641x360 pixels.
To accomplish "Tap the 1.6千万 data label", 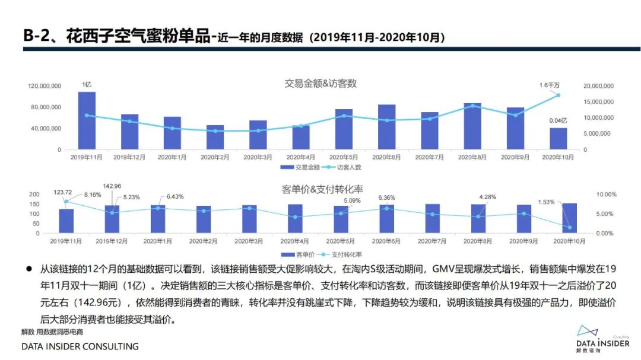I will click(549, 85).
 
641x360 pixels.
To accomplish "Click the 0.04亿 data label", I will click(558, 120).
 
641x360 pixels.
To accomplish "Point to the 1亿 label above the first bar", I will click(87, 85).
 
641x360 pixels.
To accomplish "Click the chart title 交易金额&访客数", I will click(320, 84).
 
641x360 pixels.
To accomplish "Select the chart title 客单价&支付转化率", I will click(321, 189).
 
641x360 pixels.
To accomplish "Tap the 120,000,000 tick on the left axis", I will click(45, 86).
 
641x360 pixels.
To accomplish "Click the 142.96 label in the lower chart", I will click(112, 186).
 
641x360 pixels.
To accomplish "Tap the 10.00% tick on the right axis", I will click(606, 195).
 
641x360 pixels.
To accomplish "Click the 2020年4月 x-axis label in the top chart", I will click(301, 157).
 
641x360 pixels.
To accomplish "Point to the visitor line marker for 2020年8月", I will click(472, 106).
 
